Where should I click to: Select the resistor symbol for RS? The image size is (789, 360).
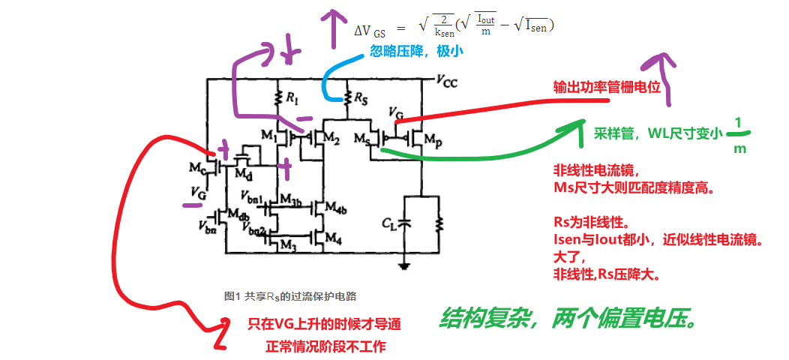347,98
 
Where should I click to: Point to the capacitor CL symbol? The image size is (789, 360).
405,223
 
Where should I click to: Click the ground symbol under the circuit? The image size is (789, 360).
405,264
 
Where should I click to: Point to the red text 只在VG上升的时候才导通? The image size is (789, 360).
324,325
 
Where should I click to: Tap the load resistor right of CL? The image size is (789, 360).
440,223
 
